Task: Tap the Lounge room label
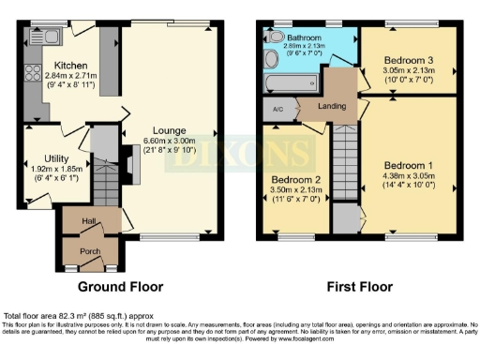pos(170,131)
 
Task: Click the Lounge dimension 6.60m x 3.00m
pos(170,141)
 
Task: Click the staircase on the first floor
pos(347,159)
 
